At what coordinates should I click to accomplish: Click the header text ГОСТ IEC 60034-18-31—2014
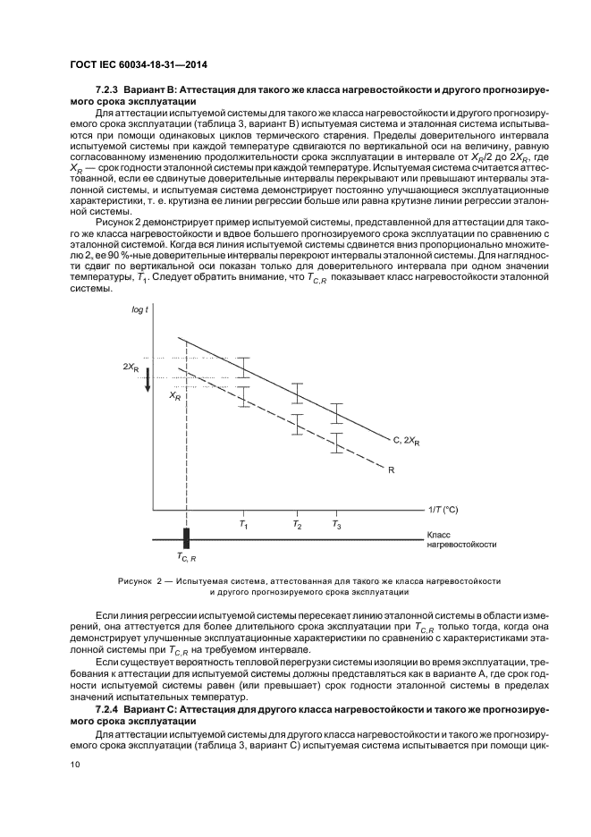point(131,63)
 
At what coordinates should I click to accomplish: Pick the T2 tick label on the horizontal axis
point(297,525)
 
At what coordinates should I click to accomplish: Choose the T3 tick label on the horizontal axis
point(336,525)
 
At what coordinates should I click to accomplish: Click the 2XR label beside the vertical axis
point(131,367)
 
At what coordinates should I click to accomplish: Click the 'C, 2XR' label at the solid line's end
point(407,441)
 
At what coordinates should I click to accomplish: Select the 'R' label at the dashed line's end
point(391,468)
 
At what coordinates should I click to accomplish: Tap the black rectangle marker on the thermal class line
point(187,539)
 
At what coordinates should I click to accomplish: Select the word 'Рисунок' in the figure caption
point(136,580)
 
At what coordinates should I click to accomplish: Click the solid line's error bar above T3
point(336,413)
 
